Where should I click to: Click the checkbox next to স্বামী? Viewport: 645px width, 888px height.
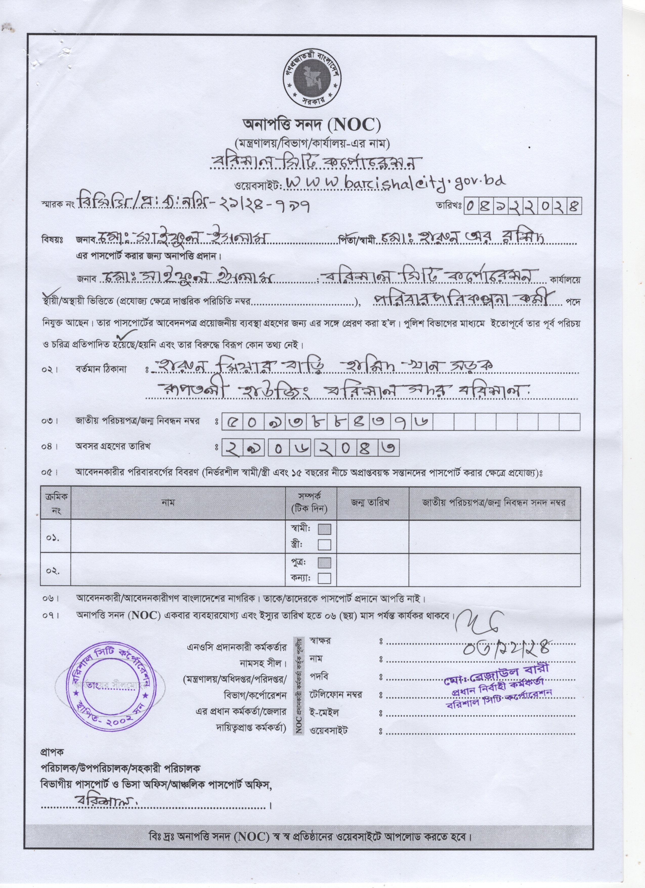pos(325,529)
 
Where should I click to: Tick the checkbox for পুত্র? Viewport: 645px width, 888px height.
pos(325,563)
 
